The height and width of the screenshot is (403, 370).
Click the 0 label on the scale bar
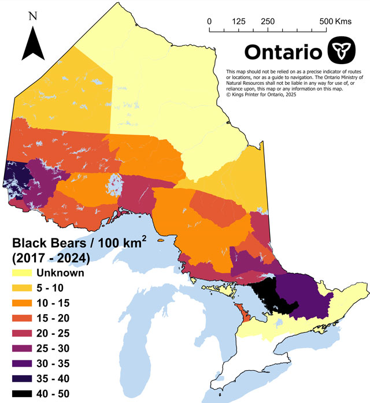pyautogui.click(x=209, y=21)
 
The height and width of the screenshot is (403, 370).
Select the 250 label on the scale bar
pyautogui.click(x=267, y=21)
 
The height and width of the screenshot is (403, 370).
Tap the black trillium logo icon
pyautogui.click(x=341, y=51)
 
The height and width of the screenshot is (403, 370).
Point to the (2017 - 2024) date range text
pyautogui.click(x=46, y=258)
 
